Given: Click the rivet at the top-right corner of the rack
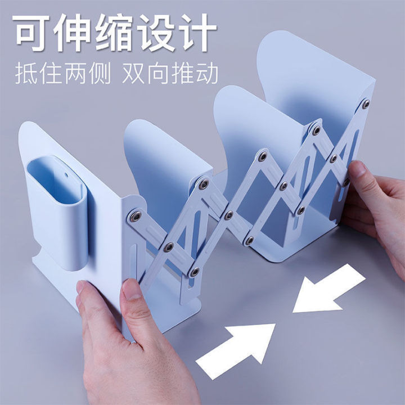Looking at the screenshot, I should pyautogui.click(x=366, y=104).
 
